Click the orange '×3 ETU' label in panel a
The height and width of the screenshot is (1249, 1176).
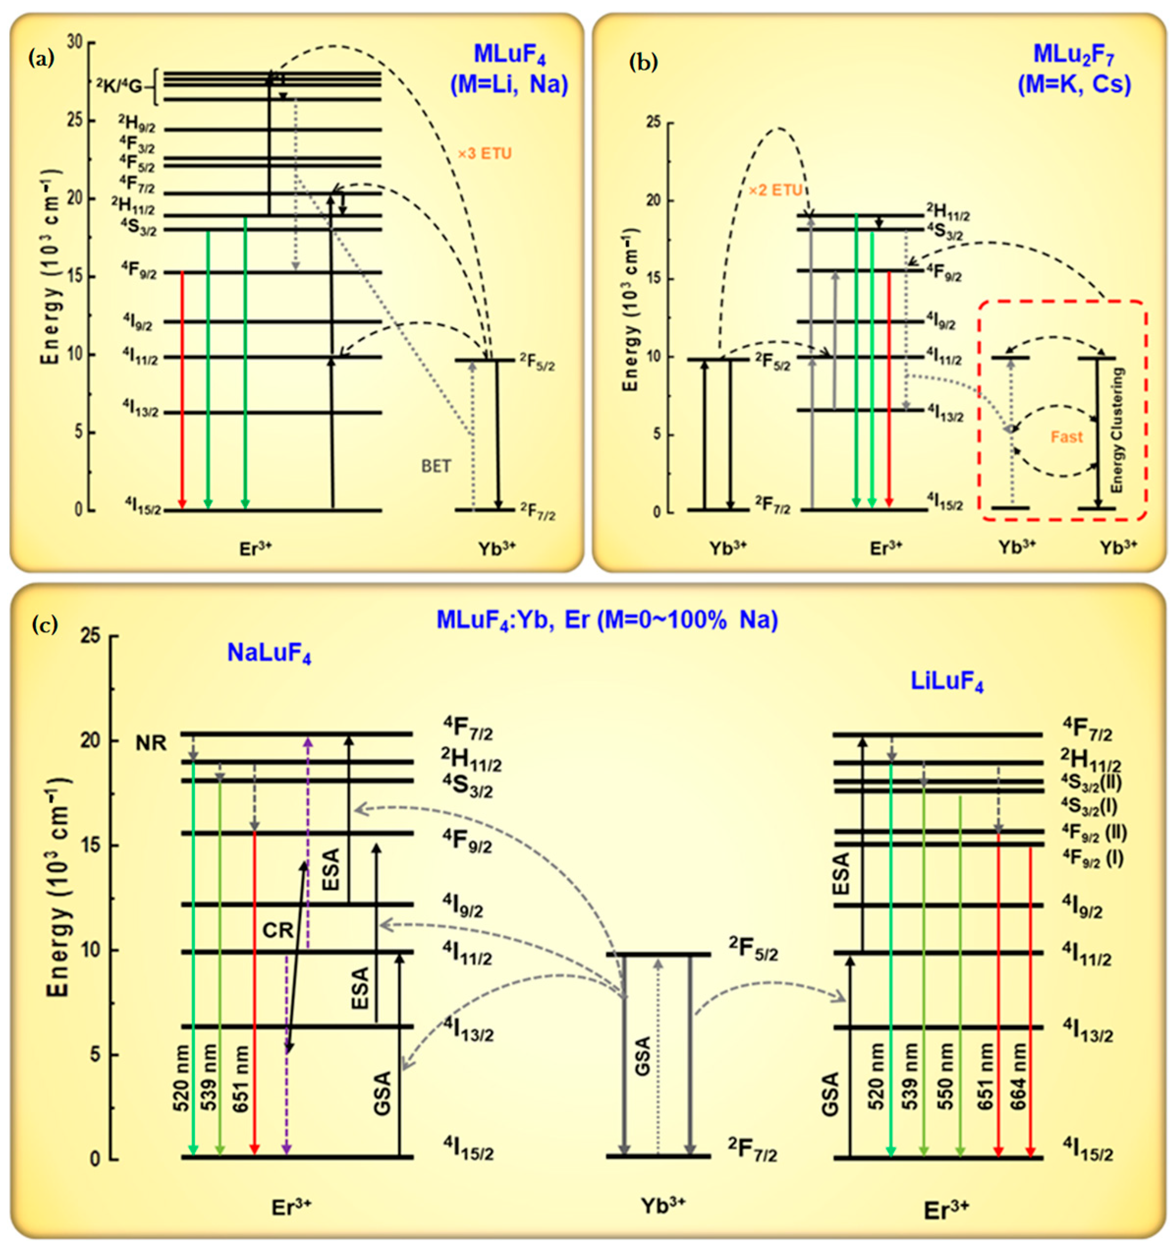click(484, 153)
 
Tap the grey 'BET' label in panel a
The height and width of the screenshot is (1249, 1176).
click(436, 466)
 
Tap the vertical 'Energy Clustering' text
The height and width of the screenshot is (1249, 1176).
click(1117, 430)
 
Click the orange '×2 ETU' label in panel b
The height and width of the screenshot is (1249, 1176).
click(775, 190)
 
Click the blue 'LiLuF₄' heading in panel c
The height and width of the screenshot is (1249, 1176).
click(947, 681)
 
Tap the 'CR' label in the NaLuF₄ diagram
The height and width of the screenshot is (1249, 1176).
click(277, 929)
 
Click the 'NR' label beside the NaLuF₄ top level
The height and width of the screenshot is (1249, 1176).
click(151, 743)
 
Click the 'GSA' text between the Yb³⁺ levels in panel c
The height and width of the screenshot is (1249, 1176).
click(642, 1055)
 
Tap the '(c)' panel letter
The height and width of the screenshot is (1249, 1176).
click(45, 624)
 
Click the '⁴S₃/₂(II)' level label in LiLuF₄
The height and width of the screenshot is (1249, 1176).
click(1091, 782)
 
